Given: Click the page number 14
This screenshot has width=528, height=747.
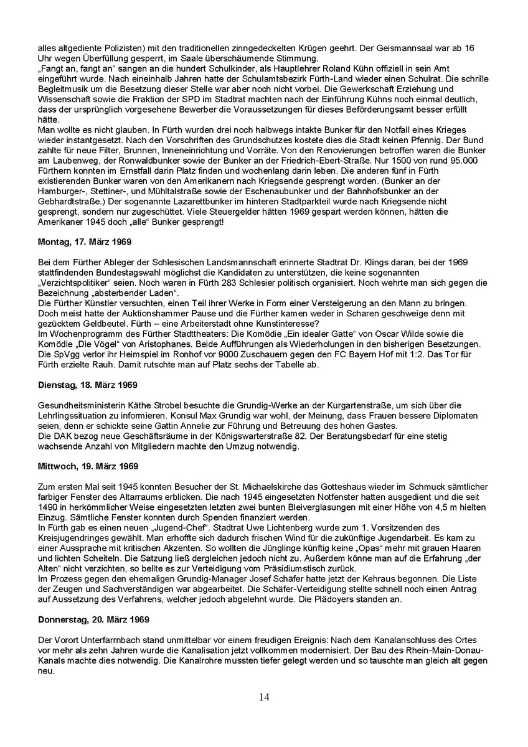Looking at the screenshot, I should pos(264,697).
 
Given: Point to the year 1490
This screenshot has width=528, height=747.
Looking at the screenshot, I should pos(47,506).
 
